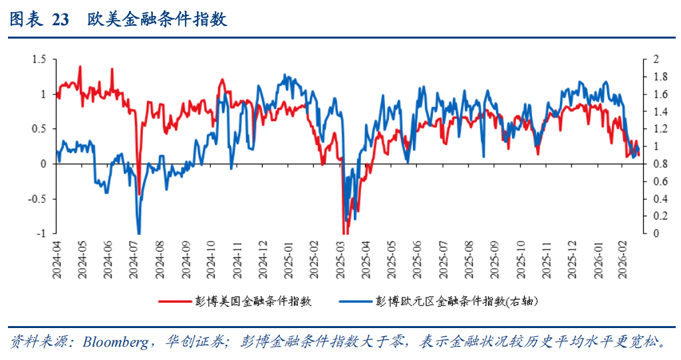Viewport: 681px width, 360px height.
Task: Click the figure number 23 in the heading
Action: [x=60, y=20]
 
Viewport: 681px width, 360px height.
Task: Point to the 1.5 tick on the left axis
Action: [x=39, y=60]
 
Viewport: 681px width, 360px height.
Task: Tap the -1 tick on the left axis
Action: [x=41, y=233]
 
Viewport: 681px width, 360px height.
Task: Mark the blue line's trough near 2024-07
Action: [x=139, y=232]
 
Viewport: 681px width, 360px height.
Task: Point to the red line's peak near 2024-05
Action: [x=80, y=67]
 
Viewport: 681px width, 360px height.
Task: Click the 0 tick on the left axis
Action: [x=43, y=164]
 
